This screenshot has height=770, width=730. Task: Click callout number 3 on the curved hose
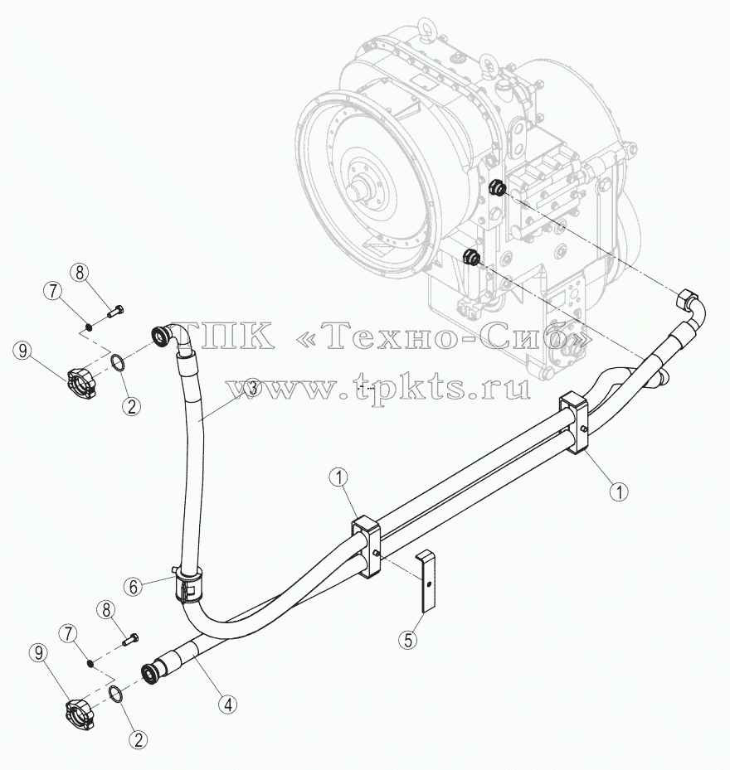251,388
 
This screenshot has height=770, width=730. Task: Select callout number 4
227,705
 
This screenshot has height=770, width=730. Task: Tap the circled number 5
408,640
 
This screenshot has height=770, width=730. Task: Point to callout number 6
134,586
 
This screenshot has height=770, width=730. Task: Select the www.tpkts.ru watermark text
379,386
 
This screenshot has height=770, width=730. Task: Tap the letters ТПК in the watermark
224,336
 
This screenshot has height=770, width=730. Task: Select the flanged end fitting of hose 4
152,672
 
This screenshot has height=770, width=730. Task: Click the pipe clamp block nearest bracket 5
366,545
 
